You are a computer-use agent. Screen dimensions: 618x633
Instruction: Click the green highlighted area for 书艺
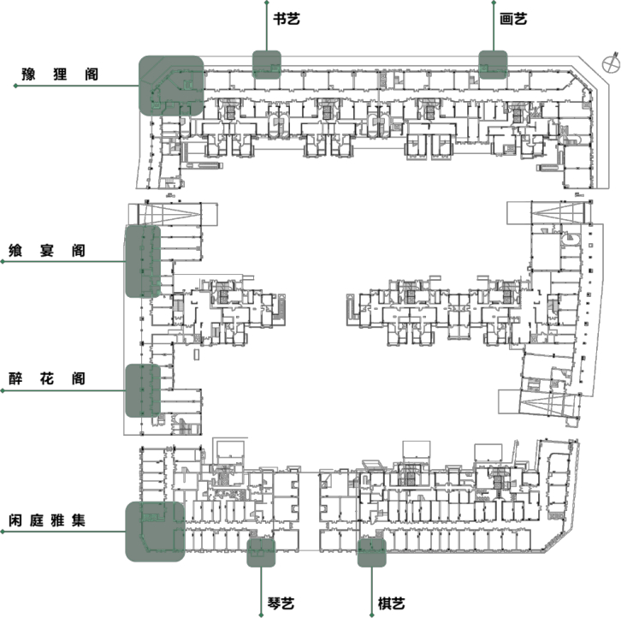pos(267,64)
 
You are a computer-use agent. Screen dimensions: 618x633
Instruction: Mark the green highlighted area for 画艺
pos(493,63)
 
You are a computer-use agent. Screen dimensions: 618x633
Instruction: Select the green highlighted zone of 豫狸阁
pos(172,85)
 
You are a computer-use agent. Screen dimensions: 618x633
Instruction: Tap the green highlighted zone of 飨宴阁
pos(143,260)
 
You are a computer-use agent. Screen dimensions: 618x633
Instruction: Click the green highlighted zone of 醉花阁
pos(143,389)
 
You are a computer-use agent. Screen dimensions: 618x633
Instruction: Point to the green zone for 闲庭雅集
pos(155,531)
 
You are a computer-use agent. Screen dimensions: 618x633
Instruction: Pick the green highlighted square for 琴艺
pos(261,553)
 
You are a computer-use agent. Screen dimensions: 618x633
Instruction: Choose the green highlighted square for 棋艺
pos(372,553)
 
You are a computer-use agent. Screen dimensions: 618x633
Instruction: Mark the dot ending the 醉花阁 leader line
pos(3,390)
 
